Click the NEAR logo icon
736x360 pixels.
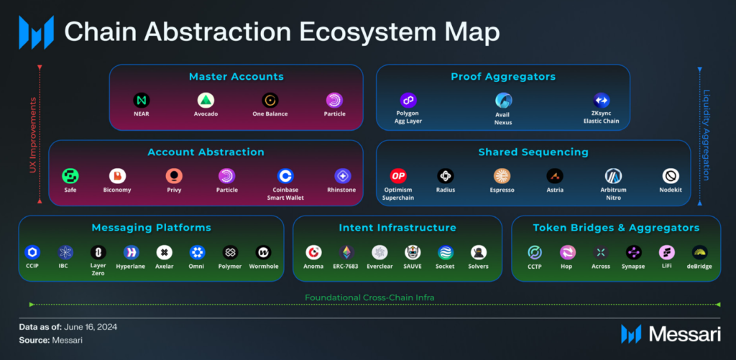(x=141, y=100)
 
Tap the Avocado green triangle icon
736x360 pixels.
(x=206, y=100)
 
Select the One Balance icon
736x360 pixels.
(x=270, y=100)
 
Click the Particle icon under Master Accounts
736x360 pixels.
(x=335, y=100)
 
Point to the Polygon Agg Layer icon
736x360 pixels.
(x=408, y=100)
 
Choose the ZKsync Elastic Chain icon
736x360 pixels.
(x=601, y=100)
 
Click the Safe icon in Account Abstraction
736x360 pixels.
(x=70, y=176)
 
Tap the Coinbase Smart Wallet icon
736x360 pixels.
(x=286, y=176)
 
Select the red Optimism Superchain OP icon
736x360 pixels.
(x=398, y=176)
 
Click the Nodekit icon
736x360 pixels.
(x=671, y=176)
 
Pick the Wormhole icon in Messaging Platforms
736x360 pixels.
(x=264, y=252)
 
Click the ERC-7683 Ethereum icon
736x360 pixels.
(x=346, y=252)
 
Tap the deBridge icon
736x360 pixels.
(x=699, y=252)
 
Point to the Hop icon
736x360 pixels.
(x=567, y=252)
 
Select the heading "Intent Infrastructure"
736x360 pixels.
(x=397, y=228)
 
